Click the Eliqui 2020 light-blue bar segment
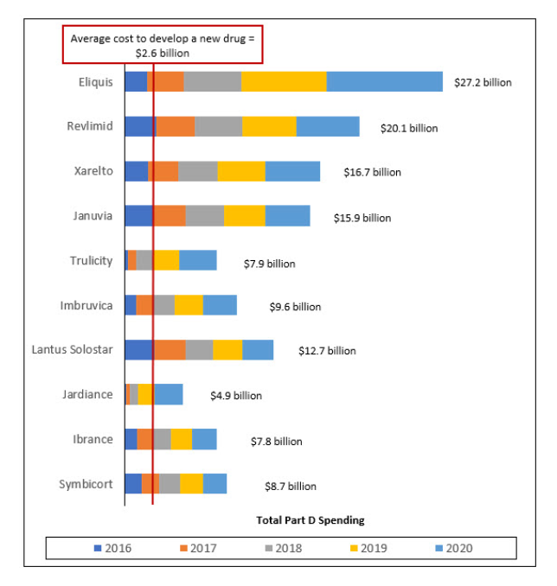pyautogui.click(x=385, y=81)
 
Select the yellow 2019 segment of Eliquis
pyautogui.click(x=284, y=81)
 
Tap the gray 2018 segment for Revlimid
pyautogui.click(x=218, y=126)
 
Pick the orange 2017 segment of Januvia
pyautogui.click(x=170, y=215)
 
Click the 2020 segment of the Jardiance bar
pyautogui.click(x=169, y=394)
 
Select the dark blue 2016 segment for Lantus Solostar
pyautogui.click(x=138, y=349)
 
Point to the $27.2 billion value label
pyautogui.click(x=483, y=83)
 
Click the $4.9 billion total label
pyautogui.click(x=235, y=396)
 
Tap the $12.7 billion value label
pyautogui.click(x=326, y=351)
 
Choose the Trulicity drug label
pyautogui.click(x=91, y=260)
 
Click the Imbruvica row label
pyautogui.click(x=86, y=305)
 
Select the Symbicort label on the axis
pyautogui.click(x=86, y=484)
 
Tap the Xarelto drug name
pyautogui.click(x=93, y=171)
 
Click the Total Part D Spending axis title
pyautogui.click(x=310, y=520)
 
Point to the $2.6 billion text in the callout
pyautogui.click(x=163, y=53)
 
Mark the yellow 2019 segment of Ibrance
pyautogui.click(x=181, y=439)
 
